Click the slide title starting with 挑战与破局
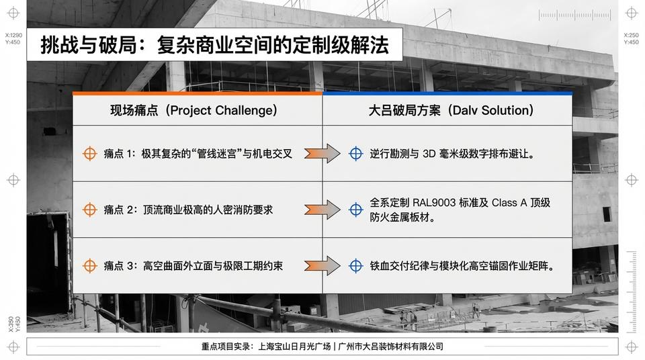pos(214,45)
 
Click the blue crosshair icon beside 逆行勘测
pos(356,154)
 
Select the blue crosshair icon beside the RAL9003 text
pos(356,210)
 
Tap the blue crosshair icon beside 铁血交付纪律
pos(356,266)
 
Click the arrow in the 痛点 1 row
pos(322,154)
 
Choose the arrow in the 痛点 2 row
pos(322,210)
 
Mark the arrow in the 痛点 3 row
pos(322,266)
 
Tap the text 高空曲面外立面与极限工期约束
pos(213,266)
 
